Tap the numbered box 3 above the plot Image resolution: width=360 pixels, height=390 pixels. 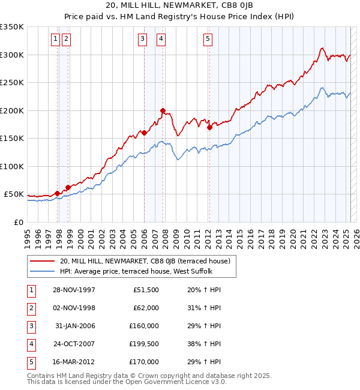142,40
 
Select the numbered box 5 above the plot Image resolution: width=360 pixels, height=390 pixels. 208,40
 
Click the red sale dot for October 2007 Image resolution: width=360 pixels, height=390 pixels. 163,110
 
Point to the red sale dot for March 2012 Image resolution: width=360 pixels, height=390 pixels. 209,127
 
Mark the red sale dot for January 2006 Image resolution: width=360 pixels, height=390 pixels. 144,133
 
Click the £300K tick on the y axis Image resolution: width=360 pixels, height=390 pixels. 12,55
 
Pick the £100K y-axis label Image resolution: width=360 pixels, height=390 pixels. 12,166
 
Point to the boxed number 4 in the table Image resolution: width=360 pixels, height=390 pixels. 31,344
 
